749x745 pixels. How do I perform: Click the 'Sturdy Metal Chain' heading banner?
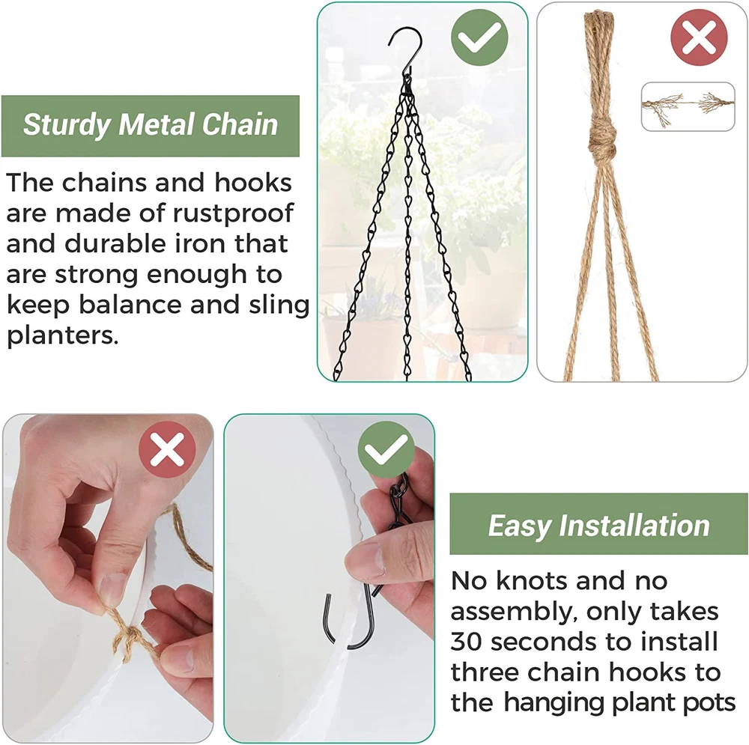tap(151, 126)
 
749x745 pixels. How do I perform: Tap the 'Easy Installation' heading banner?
tap(599, 524)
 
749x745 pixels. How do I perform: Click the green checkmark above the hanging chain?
tap(479, 37)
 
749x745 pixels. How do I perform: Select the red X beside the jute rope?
tap(699, 37)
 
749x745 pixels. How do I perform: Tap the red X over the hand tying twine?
tap(167, 449)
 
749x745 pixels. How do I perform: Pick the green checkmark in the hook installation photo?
tap(386, 449)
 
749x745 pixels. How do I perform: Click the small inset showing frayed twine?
tap(688, 106)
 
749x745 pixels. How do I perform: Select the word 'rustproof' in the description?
tap(233, 213)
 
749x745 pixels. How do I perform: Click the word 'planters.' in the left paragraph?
tap(63, 335)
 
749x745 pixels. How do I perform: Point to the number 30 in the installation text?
tap(466, 642)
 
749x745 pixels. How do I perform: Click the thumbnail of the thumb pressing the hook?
tap(329, 578)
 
